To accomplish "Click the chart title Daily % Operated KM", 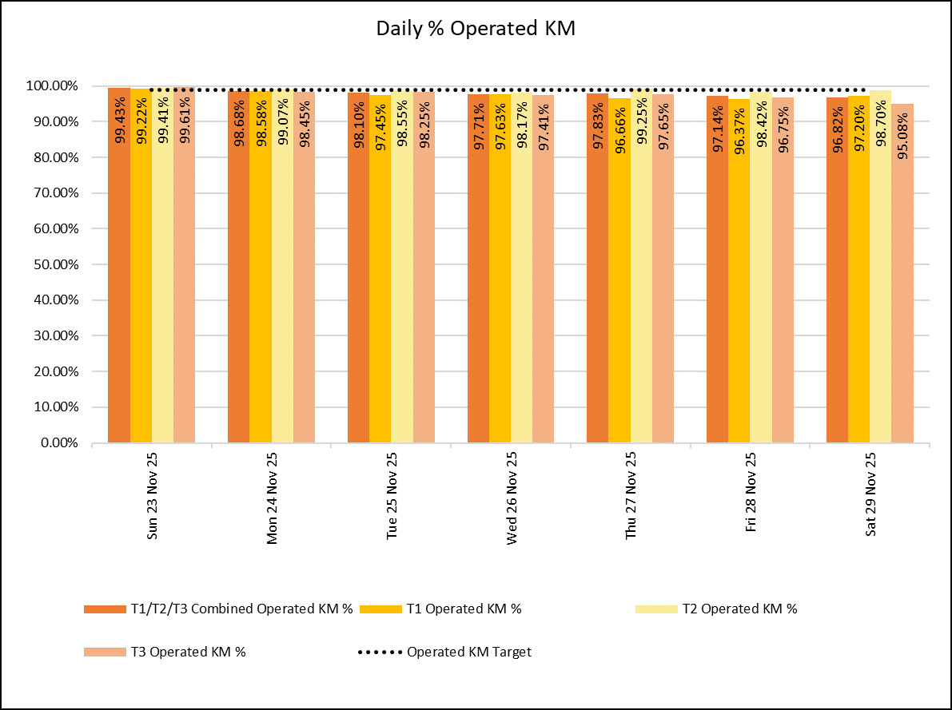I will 476,29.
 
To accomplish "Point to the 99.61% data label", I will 185,121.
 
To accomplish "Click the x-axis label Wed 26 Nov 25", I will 512,498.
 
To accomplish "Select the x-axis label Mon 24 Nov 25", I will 273,498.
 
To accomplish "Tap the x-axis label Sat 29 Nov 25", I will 871,496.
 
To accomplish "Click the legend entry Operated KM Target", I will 468,652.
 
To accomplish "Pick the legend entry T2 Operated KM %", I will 739,609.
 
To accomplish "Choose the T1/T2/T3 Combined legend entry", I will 241,609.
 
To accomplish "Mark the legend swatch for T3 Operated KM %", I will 104,652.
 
